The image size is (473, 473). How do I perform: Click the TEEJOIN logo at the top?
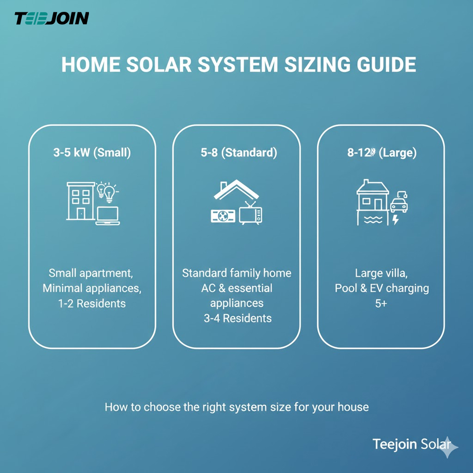[52, 18]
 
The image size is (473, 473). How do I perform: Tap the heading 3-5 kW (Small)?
[92, 153]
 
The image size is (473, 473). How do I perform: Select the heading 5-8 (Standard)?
[236, 153]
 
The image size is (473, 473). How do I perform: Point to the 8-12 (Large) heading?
[381, 153]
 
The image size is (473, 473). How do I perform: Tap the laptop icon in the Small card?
[108, 215]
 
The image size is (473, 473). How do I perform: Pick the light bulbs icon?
[107, 191]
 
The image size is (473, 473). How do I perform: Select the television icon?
[250, 214]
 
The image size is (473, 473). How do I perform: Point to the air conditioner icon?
[223, 216]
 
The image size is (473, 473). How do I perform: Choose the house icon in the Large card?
[372, 196]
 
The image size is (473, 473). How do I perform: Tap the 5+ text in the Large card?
[381, 303]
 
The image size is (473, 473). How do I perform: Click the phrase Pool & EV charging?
[382, 288]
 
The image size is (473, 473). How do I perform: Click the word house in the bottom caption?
[352, 407]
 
